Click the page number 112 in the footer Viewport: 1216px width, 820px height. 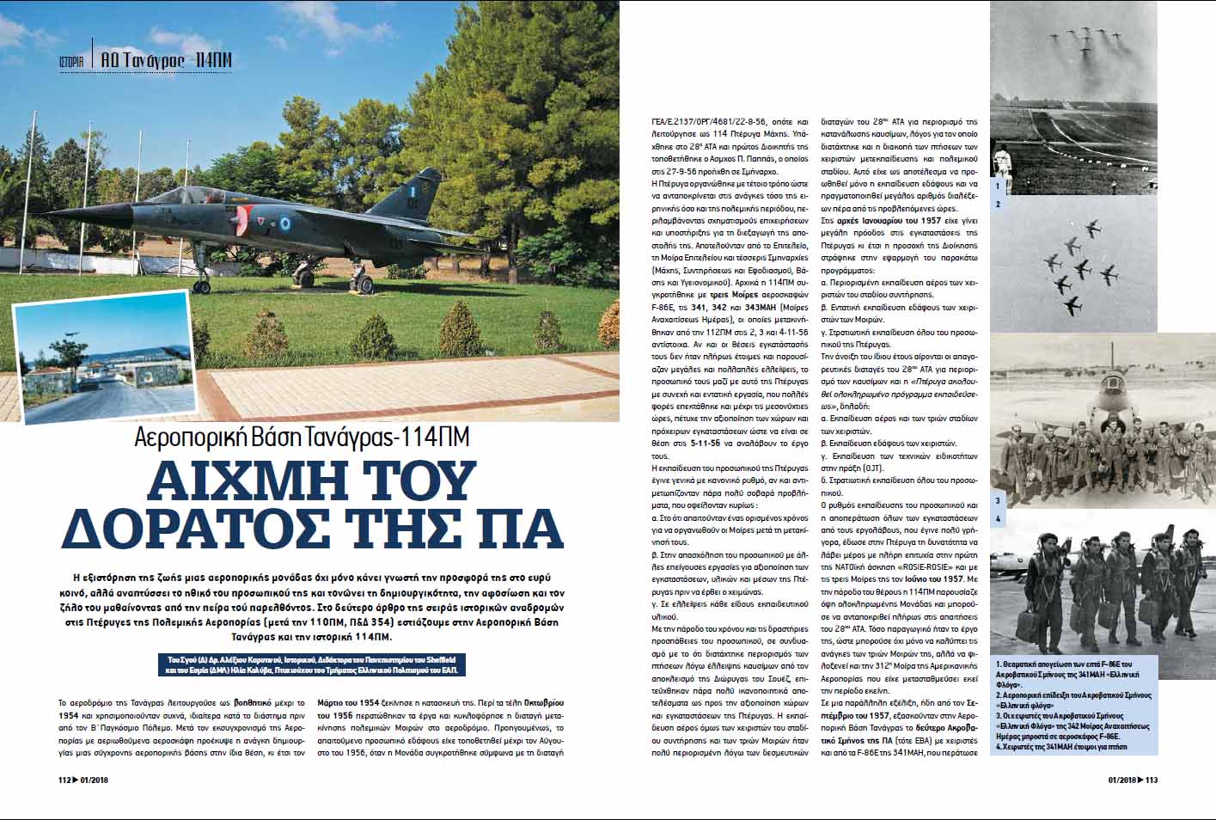coord(63,780)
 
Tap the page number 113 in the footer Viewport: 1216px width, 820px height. coord(1152,780)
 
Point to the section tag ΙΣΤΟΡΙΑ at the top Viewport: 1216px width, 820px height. coord(71,61)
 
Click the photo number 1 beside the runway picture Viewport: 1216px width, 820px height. coord(998,185)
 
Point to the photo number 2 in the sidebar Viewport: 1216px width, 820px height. coord(998,204)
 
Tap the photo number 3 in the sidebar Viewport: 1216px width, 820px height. coord(998,500)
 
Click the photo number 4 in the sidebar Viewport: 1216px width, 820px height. coord(998,519)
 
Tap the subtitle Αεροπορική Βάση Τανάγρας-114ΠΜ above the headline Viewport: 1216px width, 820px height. coord(302,437)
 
